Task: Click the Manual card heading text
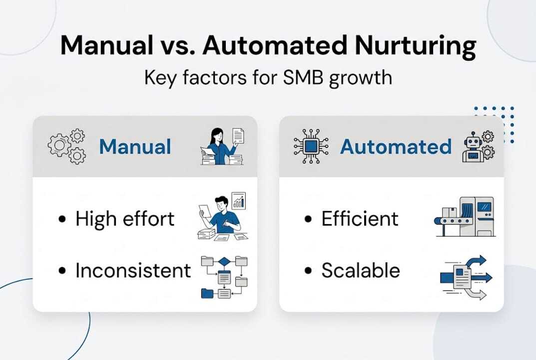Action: (x=135, y=147)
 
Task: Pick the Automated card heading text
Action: (x=396, y=147)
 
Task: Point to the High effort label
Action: (x=125, y=219)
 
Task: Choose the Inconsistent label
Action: (x=133, y=270)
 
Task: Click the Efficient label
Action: (x=360, y=219)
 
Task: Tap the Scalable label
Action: (x=360, y=270)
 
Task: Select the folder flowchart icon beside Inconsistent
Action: (x=223, y=276)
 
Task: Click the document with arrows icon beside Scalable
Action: (x=465, y=277)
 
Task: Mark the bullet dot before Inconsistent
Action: (x=62, y=271)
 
